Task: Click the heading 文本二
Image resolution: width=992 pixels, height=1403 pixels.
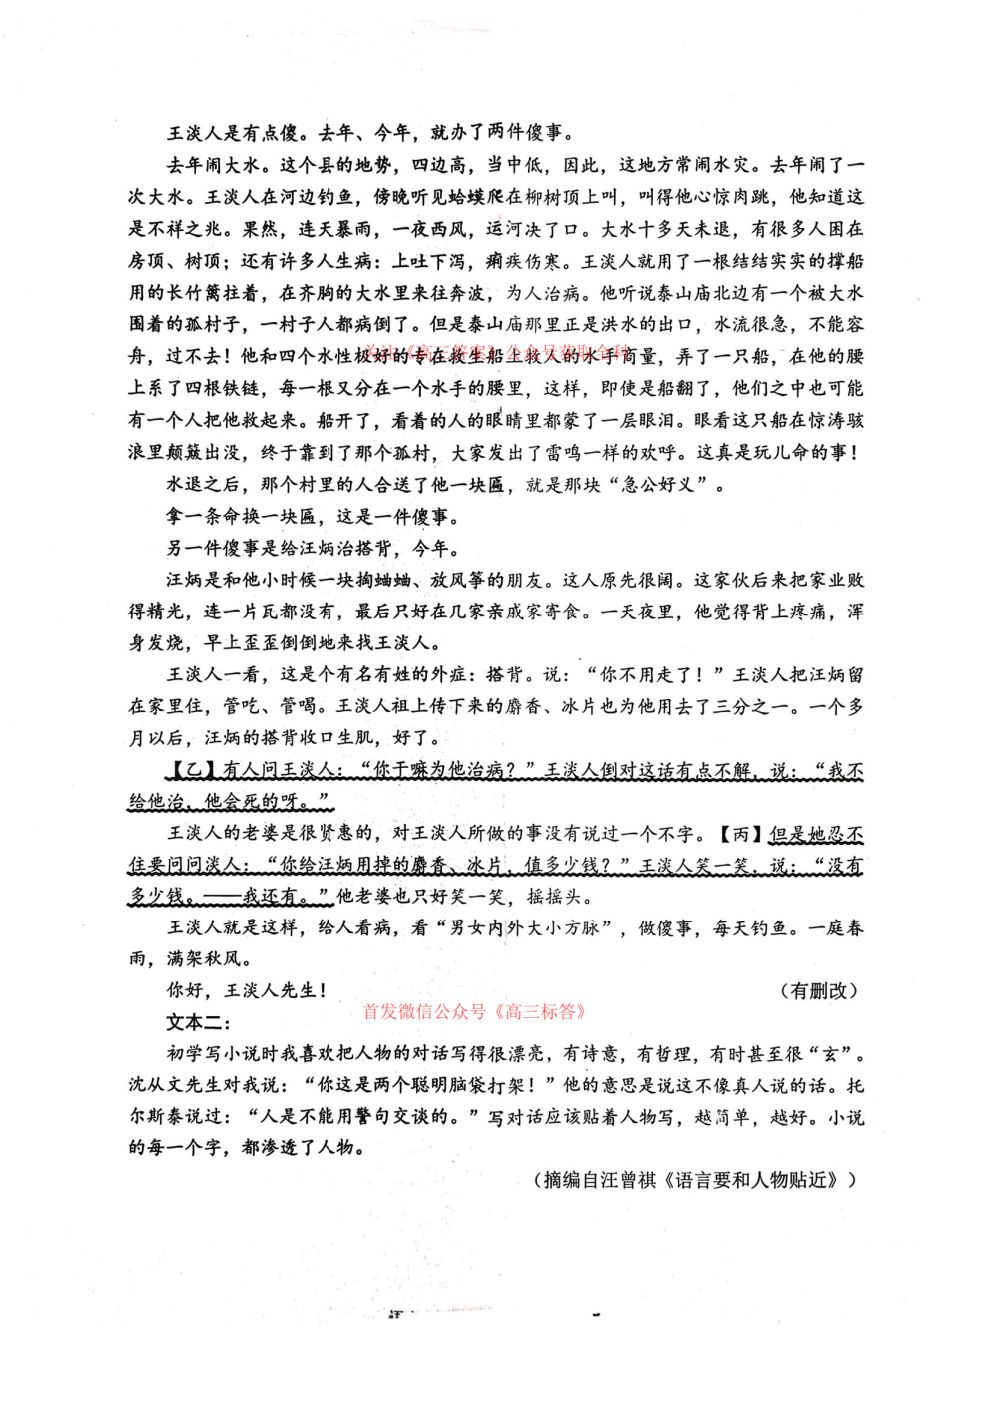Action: [x=198, y=1022]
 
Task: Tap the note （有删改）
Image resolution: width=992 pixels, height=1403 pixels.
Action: [x=817, y=990]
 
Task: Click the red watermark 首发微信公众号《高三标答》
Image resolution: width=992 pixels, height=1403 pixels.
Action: [x=475, y=1011]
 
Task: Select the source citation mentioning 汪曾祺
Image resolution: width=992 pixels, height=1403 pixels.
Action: [x=697, y=1180]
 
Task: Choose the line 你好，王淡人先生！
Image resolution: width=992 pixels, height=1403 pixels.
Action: [x=247, y=990]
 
